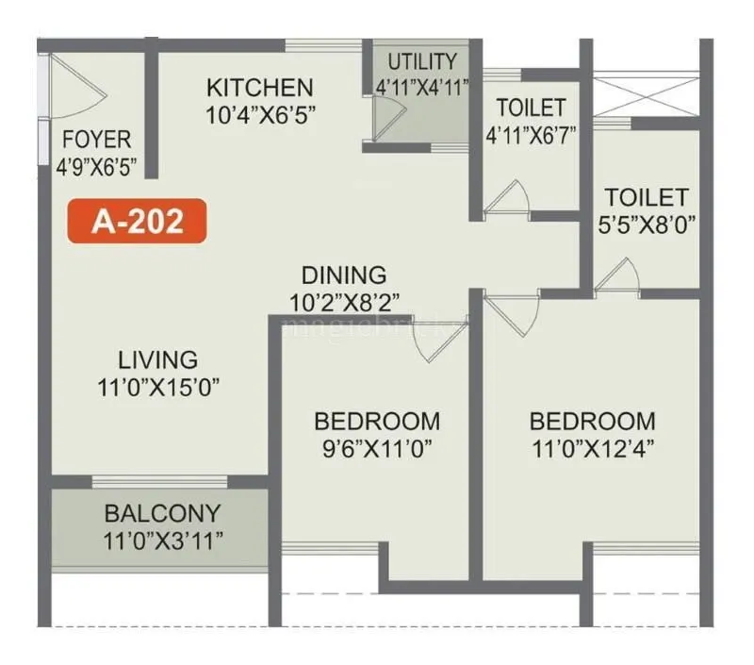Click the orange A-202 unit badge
point(136,222)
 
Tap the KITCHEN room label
point(259,88)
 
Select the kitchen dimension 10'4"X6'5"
point(259,114)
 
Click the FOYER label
point(97,140)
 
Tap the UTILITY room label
point(422,62)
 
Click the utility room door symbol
point(385,117)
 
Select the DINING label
point(344,275)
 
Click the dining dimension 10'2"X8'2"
point(346,302)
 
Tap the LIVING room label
point(158,359)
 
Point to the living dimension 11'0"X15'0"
point(158,386)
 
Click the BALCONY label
point(162,514)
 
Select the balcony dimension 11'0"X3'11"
point(162,540)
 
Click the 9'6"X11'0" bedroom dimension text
point(377,446)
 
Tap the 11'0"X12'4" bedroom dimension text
point(592,446)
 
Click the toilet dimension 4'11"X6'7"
point(531,133)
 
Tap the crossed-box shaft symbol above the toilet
point(647,94)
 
